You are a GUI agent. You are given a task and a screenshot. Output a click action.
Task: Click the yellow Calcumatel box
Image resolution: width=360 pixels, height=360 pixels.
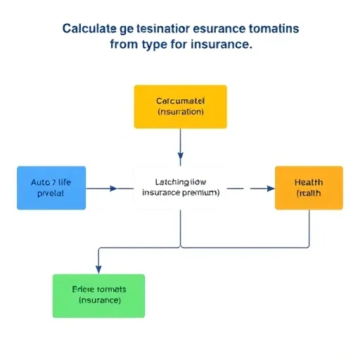coord(181,107)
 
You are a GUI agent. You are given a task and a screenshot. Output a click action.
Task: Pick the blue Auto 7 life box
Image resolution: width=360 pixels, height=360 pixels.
coord(51,188)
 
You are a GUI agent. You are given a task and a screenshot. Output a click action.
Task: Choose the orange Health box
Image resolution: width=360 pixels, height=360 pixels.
coord(309,188)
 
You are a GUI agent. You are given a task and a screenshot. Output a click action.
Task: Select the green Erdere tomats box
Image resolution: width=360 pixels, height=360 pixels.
coord(98,295)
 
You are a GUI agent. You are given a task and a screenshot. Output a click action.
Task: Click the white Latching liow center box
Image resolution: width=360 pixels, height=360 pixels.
coord(181,187)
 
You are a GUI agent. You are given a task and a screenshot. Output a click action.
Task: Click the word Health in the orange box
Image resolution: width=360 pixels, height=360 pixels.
coord(309,182)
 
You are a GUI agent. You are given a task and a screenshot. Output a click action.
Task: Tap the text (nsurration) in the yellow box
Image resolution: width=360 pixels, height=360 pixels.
coord(181,112)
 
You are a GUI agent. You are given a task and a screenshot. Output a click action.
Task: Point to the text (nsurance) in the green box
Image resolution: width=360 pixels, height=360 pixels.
coord(100,300)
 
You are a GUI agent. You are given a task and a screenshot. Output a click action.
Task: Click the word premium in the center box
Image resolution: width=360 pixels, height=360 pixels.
coord(200,192)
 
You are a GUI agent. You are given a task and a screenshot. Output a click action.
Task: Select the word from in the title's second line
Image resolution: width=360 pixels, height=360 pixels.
coord(124,44)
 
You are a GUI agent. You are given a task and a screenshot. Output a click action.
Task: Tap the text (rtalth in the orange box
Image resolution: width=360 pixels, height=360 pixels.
coord(308,193)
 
